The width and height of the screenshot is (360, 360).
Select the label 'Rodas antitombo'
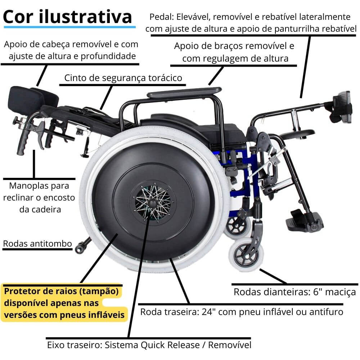[37, 243]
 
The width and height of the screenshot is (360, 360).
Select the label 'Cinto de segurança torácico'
[123, 78]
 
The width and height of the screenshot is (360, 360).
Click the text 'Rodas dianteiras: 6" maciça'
[294, 291]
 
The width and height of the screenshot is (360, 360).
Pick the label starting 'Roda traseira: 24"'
[241, 311]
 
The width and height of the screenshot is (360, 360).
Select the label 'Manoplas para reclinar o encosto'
[39, 197]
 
